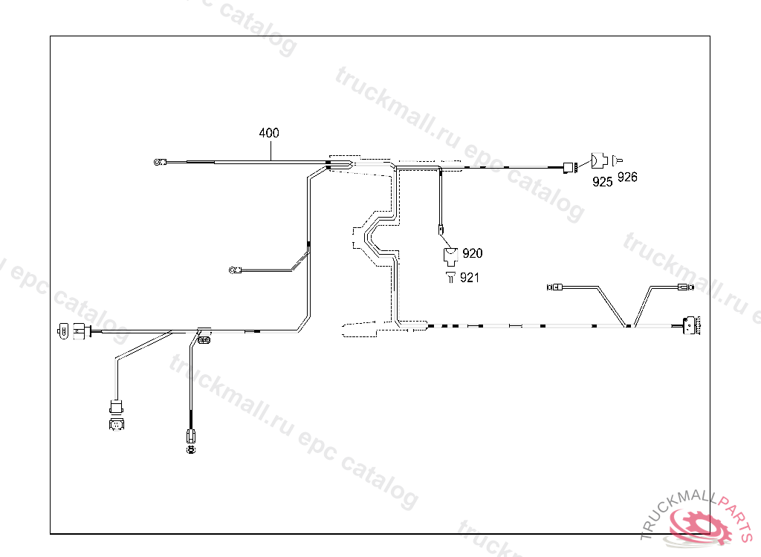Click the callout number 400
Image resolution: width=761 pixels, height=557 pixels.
[x=269, y=134]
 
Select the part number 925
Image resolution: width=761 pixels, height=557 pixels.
[x=603, y=181]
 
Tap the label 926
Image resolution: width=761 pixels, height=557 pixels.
[x=627, y=177]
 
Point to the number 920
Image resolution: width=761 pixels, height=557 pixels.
[x=472, y=253]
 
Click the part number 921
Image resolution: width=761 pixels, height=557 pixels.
[x=469, y=278]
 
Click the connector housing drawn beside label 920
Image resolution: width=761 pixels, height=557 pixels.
[x=450, y=255]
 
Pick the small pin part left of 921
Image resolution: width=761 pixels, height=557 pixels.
[x=450, y=277]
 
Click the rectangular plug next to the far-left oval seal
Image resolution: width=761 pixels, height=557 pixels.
[x=79, y=330]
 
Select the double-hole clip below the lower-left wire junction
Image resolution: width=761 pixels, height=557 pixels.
[x=203, y=341]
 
